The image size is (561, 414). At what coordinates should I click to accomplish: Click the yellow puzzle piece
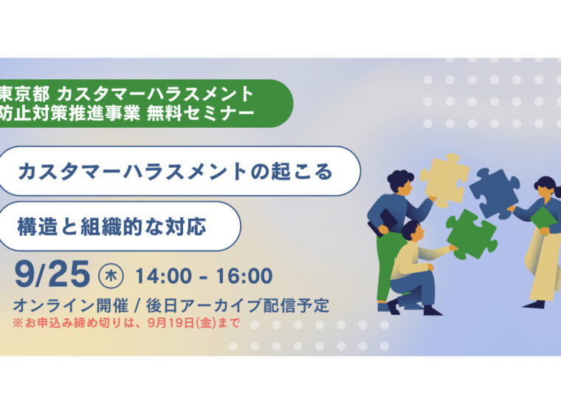click(444, 180)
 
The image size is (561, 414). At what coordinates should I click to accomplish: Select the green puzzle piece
click(471, 235)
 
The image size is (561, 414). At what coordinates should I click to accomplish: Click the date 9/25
click(52, 274)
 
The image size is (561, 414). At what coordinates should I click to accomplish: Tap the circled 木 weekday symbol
click(111, 276)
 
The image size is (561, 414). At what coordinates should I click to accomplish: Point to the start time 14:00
click(164, 276)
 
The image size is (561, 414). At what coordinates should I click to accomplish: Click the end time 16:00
click(244, 276)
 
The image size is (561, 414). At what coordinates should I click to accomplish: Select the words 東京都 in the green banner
click(24, 95)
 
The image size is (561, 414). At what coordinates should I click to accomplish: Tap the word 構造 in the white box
click(38, 226)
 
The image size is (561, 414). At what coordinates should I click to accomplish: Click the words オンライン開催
click(70, 305)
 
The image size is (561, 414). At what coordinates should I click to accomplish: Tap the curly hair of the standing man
click(400, 180)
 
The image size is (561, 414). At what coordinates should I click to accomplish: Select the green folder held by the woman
click(543, 218)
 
